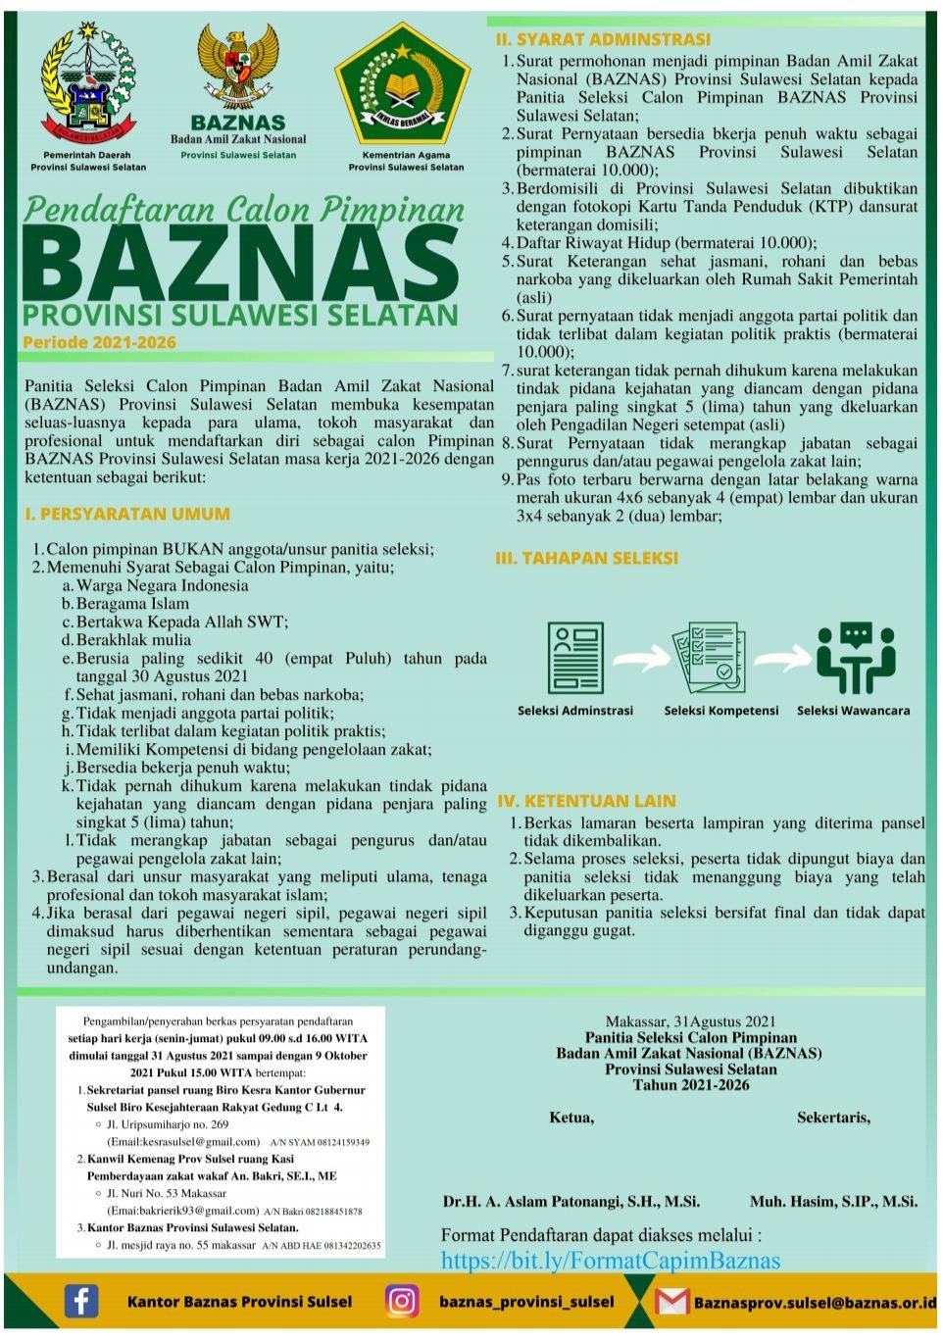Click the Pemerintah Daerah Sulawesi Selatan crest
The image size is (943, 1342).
[87, 85]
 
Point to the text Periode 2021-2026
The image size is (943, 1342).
[99, 342]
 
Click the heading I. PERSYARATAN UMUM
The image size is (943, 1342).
[127, 514]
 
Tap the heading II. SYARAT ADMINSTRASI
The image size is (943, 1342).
[603, 39]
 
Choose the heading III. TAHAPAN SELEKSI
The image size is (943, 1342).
[586, 558]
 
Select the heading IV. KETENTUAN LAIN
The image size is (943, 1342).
[586, 801]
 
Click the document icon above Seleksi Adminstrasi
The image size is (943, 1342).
[574, 658]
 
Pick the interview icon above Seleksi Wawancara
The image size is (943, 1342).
[856, 658]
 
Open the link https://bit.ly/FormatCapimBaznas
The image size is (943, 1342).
[610, 1261]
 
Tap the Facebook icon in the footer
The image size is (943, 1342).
[81, 1301]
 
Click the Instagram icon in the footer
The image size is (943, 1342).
[401, 1301]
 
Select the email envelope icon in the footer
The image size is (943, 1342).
[671, 1302]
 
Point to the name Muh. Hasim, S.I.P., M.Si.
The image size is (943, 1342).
[833, 1201]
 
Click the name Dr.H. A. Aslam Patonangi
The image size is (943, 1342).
[571, 1201]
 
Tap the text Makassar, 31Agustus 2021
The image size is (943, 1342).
[690, 1021]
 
